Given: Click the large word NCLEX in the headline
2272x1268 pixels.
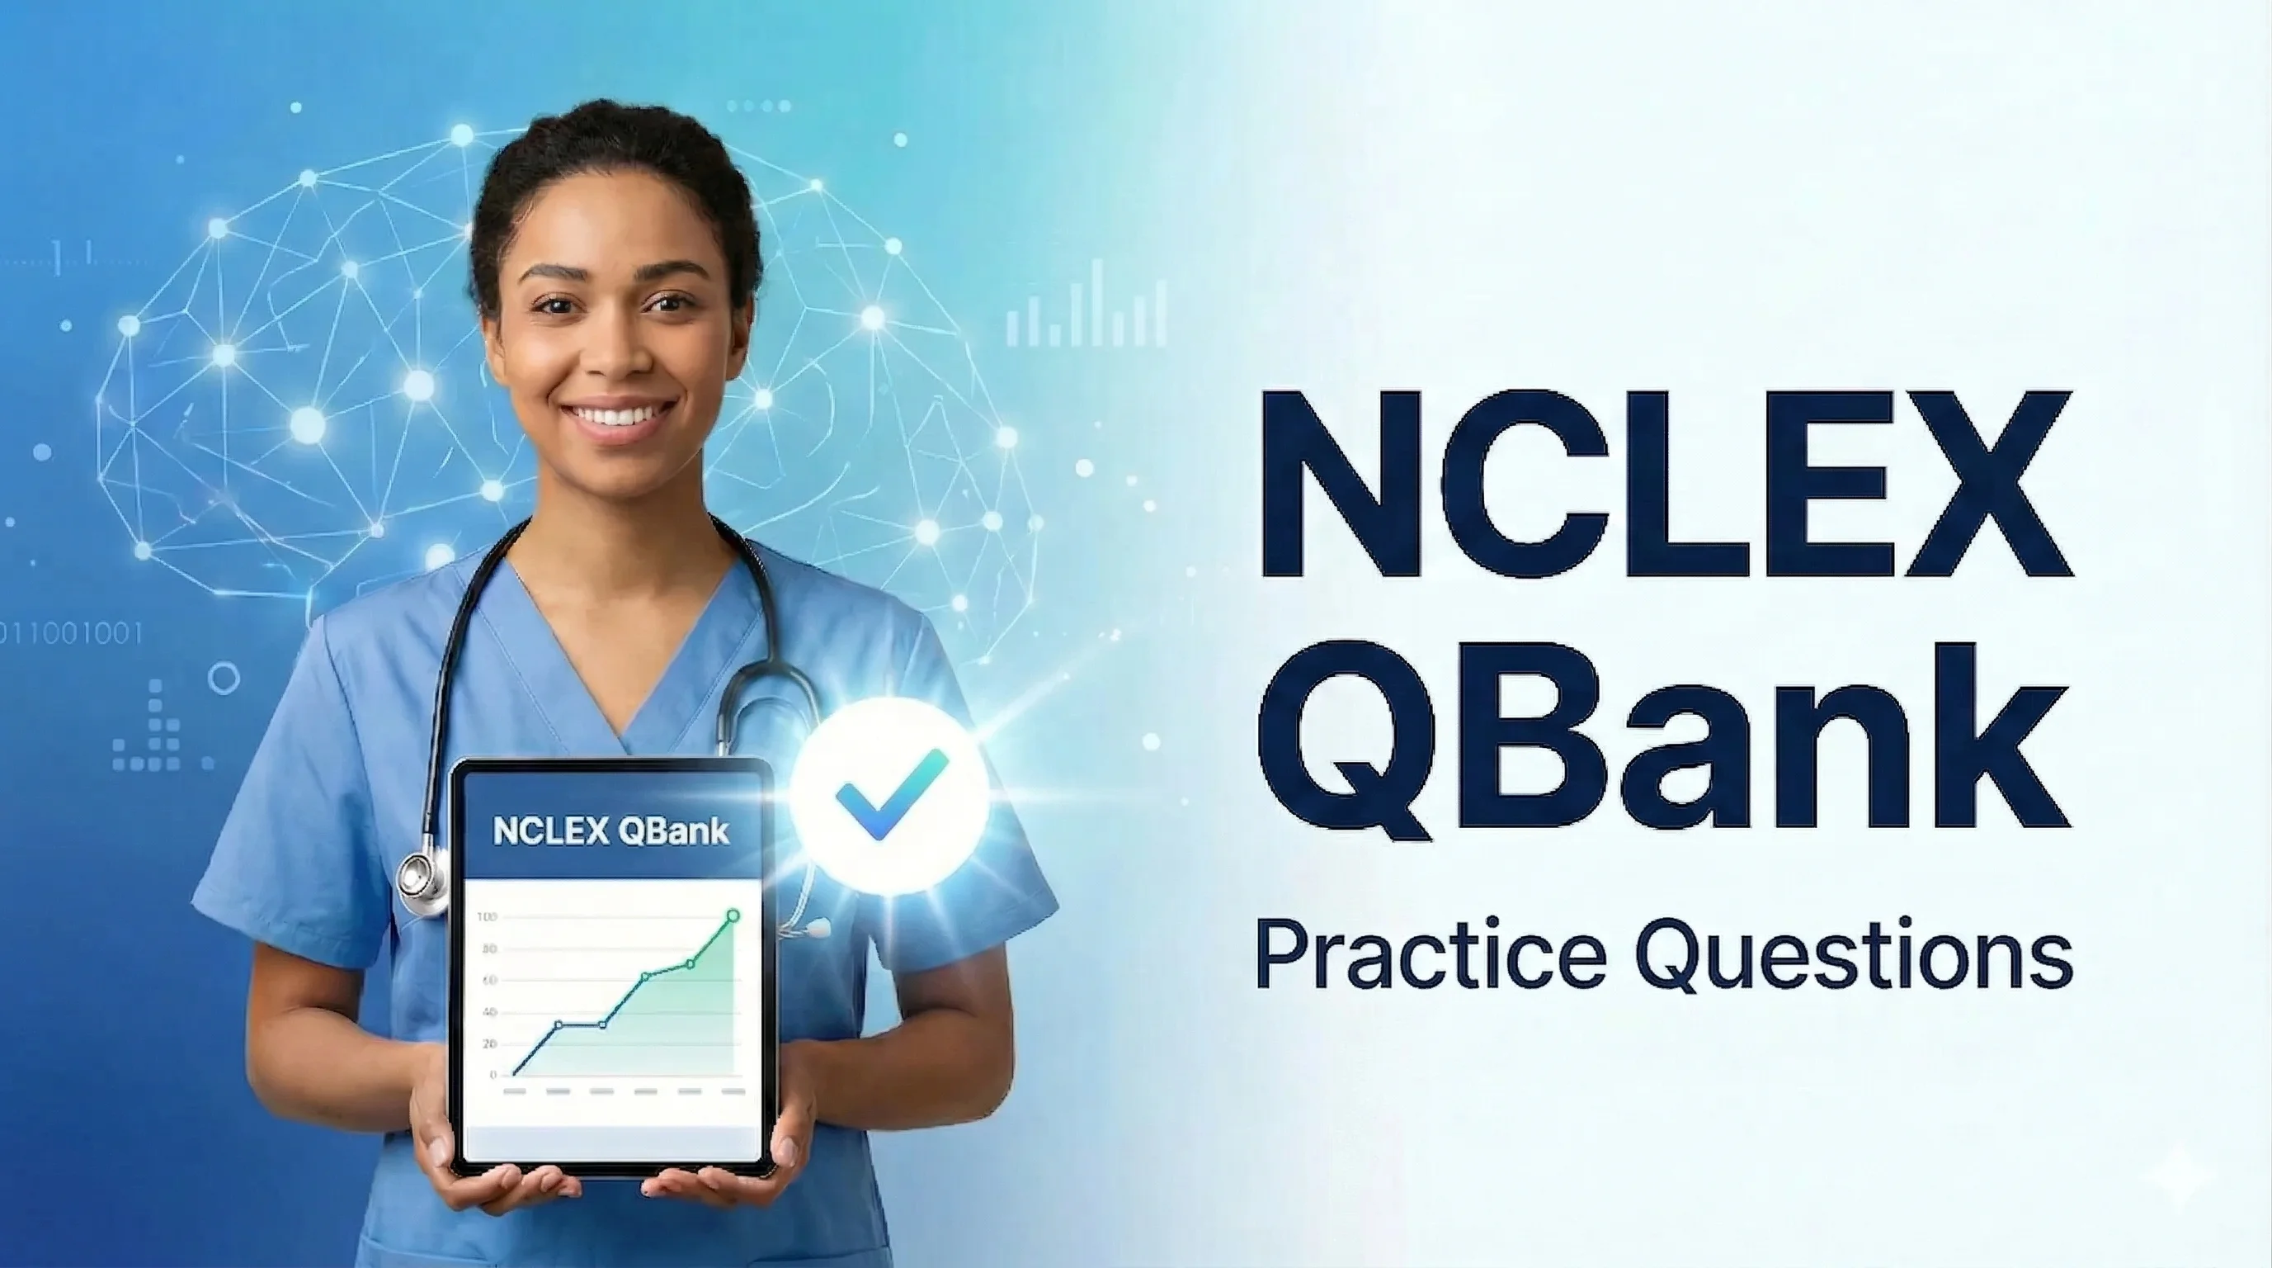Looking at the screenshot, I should [1665, 485].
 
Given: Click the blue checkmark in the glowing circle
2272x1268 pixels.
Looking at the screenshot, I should [890, 794].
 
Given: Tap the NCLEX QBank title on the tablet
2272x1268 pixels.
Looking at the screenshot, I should [611, 830].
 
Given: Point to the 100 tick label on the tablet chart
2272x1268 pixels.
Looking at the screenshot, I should [487, 917].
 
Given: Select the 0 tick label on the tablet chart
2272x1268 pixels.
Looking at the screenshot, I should [493, 1075].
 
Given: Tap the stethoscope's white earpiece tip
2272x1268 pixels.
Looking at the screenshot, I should [820, 927].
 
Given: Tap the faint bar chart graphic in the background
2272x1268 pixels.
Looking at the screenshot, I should [1087, 305].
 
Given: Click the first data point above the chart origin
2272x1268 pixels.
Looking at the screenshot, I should [559, 1024].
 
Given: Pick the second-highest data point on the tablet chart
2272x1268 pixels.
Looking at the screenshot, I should [690, 963].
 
